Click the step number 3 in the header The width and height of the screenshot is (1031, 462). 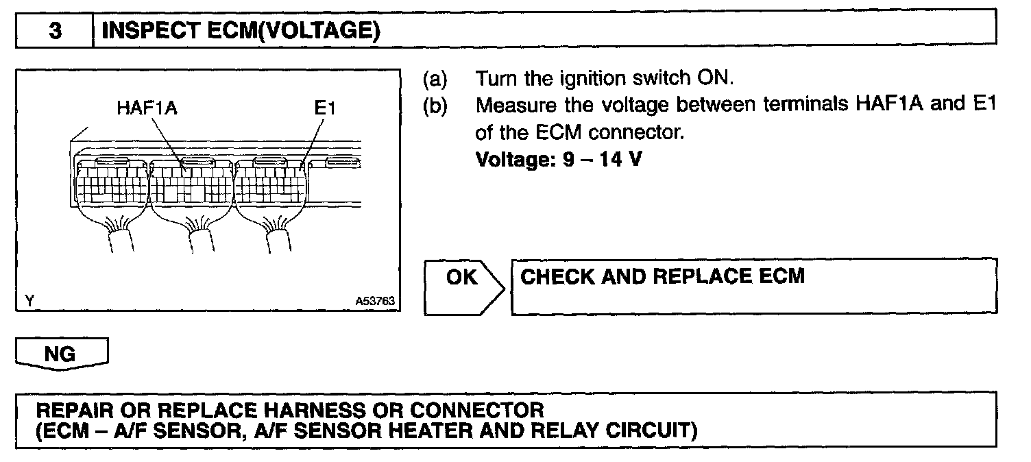coord(54,31)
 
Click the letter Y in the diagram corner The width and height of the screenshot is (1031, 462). coord(29,300)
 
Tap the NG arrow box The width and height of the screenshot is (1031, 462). coord(62,354)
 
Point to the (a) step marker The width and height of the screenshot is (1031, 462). coord(435,78)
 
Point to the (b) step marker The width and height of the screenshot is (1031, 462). coord(435,106)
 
